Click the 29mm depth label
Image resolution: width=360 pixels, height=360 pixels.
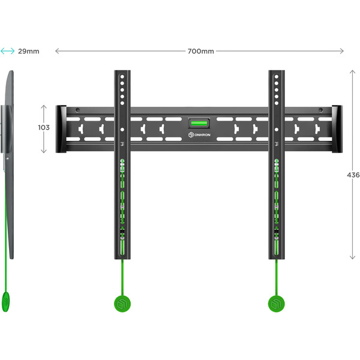pos(28,51)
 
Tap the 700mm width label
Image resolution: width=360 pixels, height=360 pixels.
pos(200,51)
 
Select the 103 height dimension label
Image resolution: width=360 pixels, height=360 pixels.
pos(43,127)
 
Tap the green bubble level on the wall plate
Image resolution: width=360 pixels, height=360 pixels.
pos(200,124)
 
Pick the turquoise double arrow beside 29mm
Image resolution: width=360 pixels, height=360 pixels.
pos(8,51)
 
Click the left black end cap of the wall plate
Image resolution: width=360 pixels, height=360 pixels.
pos(61,129)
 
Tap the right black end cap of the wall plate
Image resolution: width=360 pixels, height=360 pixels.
pos(337,129)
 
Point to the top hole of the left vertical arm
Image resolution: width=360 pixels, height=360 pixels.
pos(122,77)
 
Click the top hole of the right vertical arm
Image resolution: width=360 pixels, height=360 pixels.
pos(277,77)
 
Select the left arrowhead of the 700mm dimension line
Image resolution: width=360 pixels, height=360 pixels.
pos(57,51)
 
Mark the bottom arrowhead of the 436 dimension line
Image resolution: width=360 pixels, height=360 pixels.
pos(352,257)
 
